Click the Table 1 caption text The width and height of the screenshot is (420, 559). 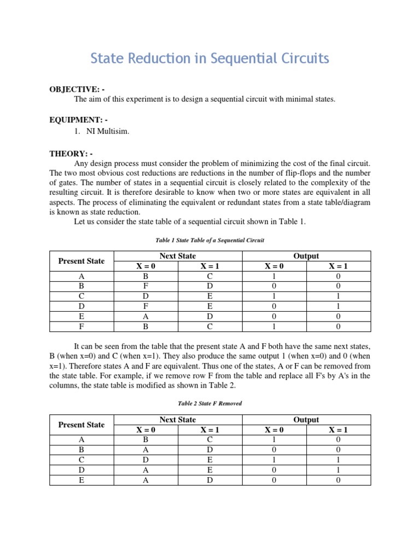210,240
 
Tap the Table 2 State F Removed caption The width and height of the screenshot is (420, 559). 210,403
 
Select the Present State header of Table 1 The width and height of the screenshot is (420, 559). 81,261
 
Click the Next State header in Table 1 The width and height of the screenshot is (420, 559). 178,255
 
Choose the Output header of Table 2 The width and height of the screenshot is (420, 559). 306,419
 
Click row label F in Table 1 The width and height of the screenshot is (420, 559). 81,326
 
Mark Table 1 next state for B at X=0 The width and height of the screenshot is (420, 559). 146,286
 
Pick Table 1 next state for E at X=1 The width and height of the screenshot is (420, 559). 210,317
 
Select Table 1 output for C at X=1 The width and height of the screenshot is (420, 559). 339,296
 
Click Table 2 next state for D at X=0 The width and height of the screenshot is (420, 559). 146,470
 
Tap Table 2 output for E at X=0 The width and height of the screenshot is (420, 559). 274,480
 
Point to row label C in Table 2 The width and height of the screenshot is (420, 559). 81,460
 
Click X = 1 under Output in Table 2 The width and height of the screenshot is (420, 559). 339,430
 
